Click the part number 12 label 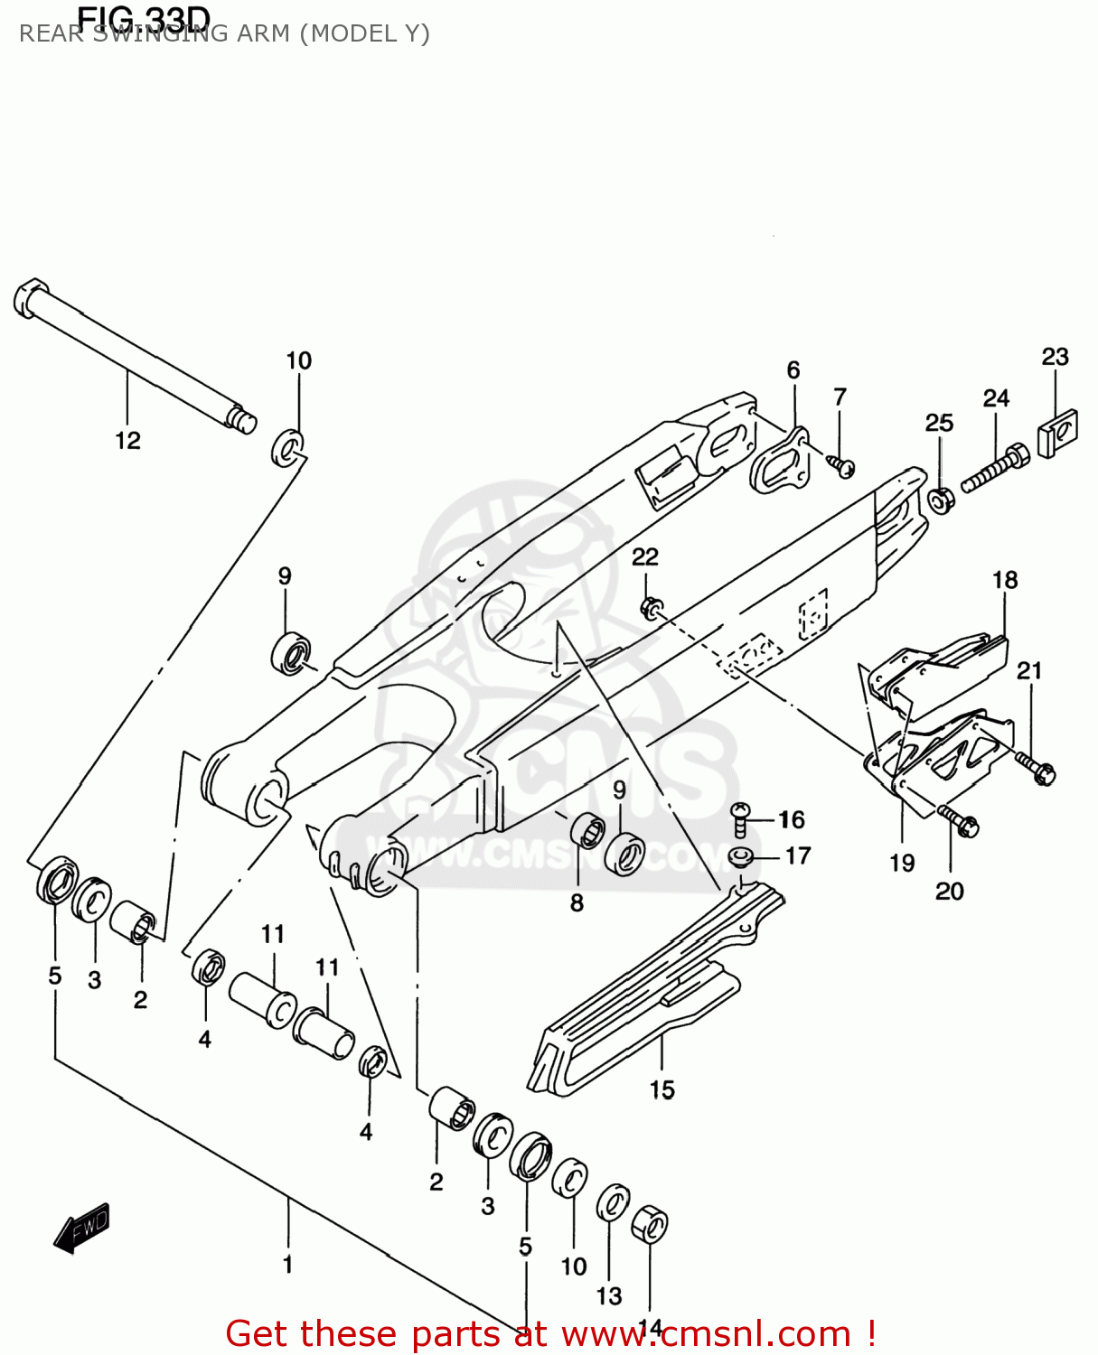coord(127,441)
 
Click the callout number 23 coord(1055,357)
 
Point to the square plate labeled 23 coord(1058,433)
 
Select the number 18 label coord(1005,580)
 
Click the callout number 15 coord(662,1090)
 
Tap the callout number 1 coord(287,1265)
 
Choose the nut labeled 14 coord(649,1225)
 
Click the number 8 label coord(577,902)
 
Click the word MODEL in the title coord(348,34)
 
